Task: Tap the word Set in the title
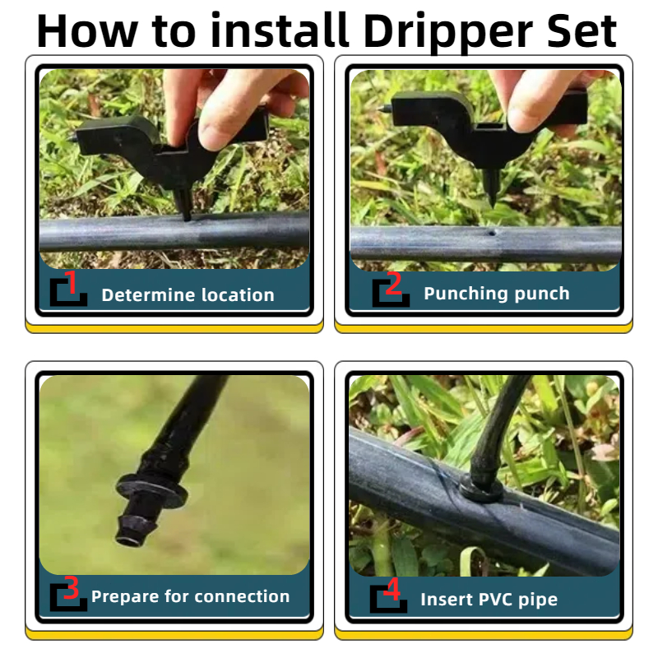[x=582, y=30]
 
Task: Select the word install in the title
[x=280, y=30]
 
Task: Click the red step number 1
[x=72, y=282]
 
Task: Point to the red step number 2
[x=393, y=284]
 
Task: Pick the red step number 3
[x=71, y=587]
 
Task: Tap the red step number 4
[x=392, y=589]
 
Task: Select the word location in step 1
[x=238, y=295]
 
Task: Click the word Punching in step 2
[x=466, y=294]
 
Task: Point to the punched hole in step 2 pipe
[x=492, y=232]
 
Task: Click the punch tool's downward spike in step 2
[x=491, y=187]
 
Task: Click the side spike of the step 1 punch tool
[x=72, y=138]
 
